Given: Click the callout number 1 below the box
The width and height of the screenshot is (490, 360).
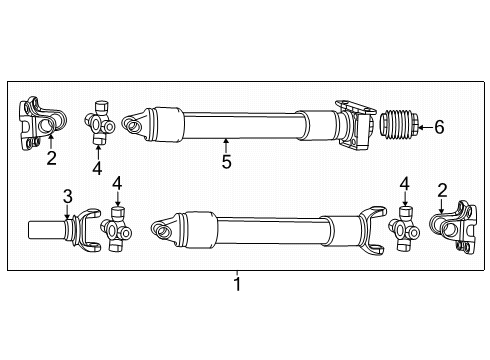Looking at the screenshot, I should coord(237,285).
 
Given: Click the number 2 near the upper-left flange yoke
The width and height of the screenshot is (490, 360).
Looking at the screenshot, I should coord(52,157).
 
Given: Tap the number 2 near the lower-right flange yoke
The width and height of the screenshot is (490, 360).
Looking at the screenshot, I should coord(443,189).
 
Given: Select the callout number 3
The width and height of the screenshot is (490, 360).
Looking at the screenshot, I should coord(68,194).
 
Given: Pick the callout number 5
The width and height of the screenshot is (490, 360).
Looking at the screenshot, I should coord(227,162).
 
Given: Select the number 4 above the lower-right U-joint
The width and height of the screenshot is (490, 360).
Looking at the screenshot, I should coord(405,184).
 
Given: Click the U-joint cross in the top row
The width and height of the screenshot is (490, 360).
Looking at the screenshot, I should coord(100,121).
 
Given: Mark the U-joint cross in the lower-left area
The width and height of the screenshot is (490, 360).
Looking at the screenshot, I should coord(119,231).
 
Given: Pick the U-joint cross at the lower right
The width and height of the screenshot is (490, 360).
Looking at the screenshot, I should coord(405,233).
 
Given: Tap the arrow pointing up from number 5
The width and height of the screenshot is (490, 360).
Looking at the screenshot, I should coord(227,145).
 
